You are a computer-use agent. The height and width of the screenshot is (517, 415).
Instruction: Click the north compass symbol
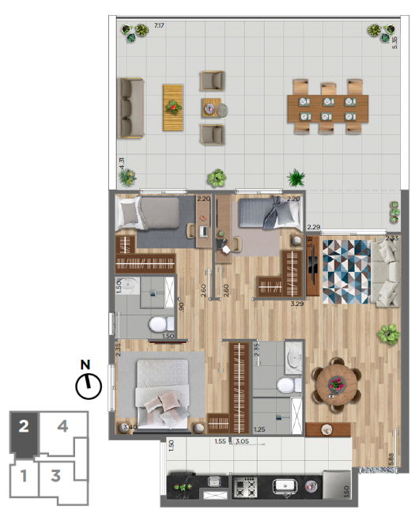pyautogui.click(x=89, y=386)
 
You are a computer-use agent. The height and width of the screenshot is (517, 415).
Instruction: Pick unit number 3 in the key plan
pyautogui.click(x=56, y=476)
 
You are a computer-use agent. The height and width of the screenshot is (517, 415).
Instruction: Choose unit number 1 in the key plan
pyautogui.click(x=25, y=476)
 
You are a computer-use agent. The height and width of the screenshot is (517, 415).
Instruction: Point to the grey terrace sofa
pyautogui.click(x=130, y=108)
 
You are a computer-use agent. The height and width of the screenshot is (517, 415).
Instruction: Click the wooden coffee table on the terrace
pyautogui.click(x=173, y=108)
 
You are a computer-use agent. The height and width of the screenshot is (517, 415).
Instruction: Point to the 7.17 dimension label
pyautogui.click(x=160, y=26)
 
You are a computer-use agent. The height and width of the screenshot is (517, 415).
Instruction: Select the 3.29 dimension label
pyautogui.click(x=297, y=303)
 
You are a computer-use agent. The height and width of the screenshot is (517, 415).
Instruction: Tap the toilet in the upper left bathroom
pyautogui.click(x=160, y=322)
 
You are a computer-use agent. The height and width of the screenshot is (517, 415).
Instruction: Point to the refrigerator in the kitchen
pyautogui.click(x=336, y=485)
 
